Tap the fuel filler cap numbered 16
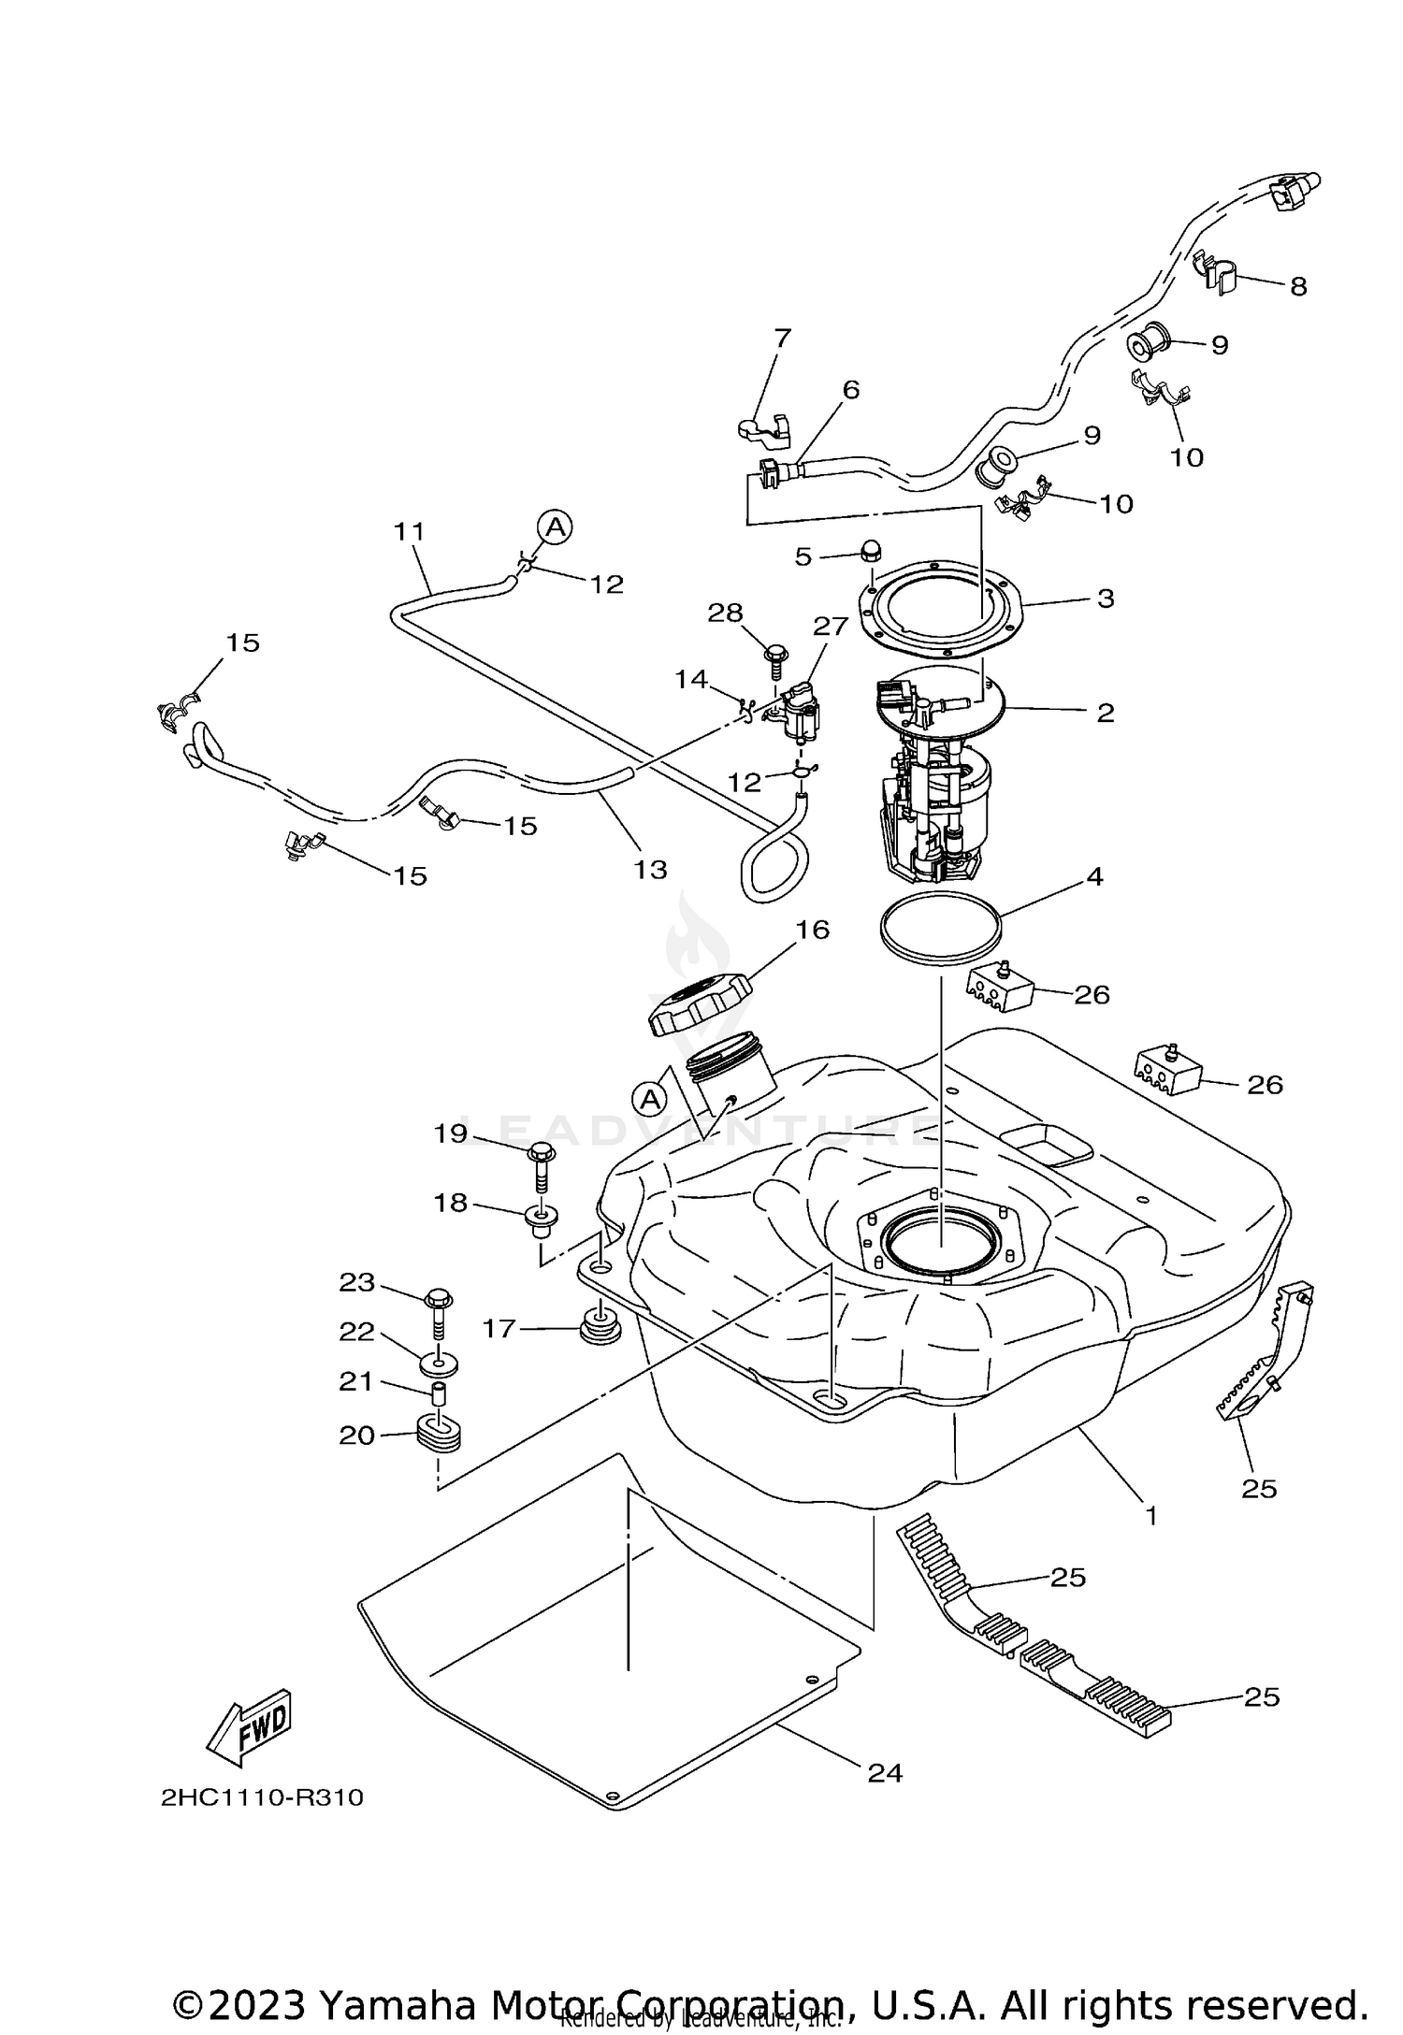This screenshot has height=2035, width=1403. pyautogui.click(x=700, y=1004)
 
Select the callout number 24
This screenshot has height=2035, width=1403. pyautogui.click(x=884, y=1771)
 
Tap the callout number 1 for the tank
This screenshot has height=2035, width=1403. pyautogui.click(x=1150, y=1514)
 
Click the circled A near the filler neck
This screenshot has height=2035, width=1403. pyautogui.click(x=649, y=1094)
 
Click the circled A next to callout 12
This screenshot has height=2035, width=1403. pyautogui.click(x=556, y=527)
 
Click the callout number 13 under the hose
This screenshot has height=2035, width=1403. pyautogui.click(x=650, y=869)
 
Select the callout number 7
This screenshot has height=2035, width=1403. pyautogui.click(x=782, y=338)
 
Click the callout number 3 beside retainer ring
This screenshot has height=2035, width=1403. pyautogui.click(x=1106, y=598)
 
